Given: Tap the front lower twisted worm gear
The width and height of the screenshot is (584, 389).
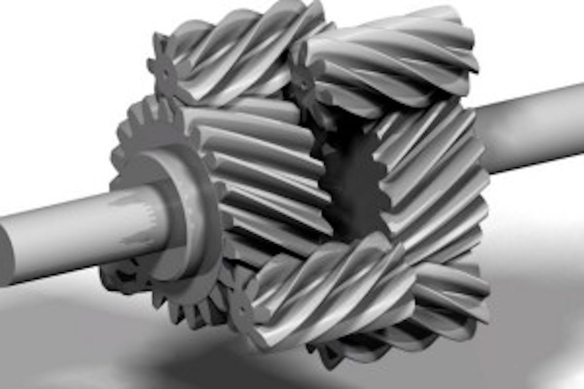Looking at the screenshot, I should coord(331,292).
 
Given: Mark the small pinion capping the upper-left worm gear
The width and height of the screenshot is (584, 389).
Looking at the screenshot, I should coord(165,73).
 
